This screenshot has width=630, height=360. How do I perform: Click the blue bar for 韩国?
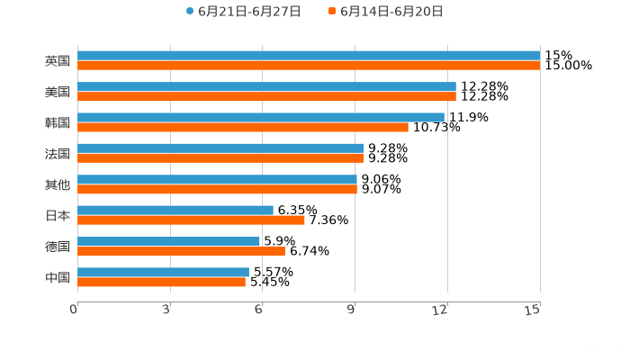[x=261, y=117]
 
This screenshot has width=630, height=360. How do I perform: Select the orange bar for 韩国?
[x=243, y=127]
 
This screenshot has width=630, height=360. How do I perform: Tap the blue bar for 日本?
[x=175, y=210]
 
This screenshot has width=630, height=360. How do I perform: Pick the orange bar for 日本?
[x=191, y=220]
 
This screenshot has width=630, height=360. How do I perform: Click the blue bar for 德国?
[x=168, y=241]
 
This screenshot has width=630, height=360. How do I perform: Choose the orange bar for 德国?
[x=181, y=251]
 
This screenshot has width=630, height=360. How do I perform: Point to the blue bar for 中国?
[x=163, y=272]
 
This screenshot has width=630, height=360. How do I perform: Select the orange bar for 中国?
[x=161, y=282]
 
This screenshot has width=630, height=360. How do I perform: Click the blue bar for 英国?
[x=309, y=55]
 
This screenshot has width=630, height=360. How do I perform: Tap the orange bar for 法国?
[x=220, y=157]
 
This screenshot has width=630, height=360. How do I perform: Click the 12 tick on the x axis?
[x=441, y=310]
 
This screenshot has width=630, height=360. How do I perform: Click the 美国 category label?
[x=57, y=92]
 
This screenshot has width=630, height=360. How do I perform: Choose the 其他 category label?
[x=57, y=184]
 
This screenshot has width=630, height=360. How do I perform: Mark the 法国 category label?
[x=57, y=153]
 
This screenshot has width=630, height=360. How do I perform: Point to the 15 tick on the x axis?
[x=534, y=310]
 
